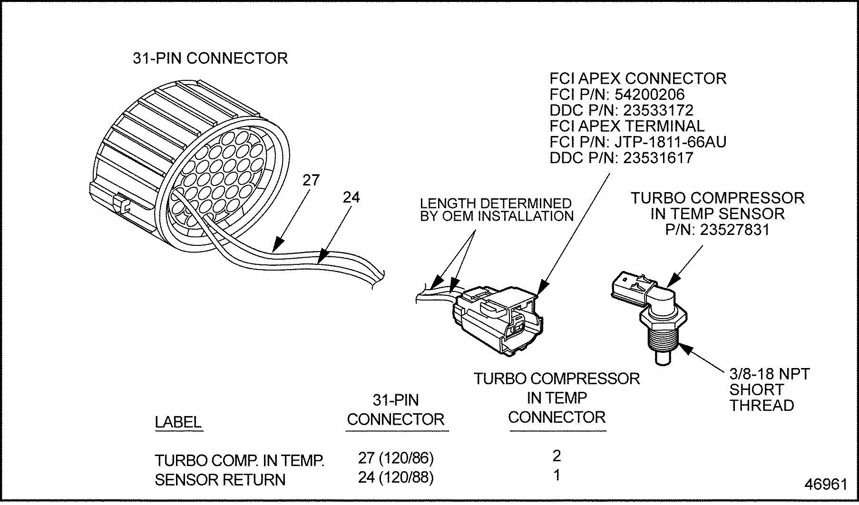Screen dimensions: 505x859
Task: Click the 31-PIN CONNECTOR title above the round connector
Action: [210, 58]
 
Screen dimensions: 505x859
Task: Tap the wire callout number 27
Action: [311, 181]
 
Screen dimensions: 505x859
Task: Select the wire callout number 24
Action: [351, 197]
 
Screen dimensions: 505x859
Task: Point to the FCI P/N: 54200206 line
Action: [617, 94]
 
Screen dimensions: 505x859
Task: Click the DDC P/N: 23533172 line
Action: [621, 110]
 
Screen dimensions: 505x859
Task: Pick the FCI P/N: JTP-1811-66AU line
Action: [638, 142]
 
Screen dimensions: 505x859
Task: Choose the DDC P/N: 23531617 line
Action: [621, 158]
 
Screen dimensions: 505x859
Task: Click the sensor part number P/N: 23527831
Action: [717, 230]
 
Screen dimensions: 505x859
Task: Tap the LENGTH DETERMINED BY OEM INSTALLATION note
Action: [496, 210]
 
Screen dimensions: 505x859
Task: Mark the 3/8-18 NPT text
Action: [769, 374]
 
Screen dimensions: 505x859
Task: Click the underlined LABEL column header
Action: [178, 422]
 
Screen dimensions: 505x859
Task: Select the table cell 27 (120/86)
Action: [396, 458]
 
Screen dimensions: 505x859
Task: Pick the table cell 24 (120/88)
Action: [396, 477]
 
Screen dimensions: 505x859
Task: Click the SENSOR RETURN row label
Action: [220, 480]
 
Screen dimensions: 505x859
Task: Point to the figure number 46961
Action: [826, 484]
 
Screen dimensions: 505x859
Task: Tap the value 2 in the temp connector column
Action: [556, 456]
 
